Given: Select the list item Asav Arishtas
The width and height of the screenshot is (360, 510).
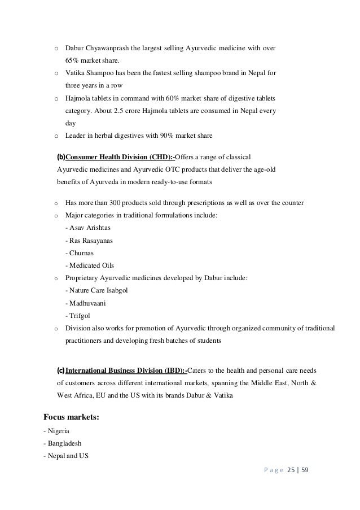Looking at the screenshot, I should tap(89, 228).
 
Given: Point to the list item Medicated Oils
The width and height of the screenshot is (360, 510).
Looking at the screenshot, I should tap(90, 265).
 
